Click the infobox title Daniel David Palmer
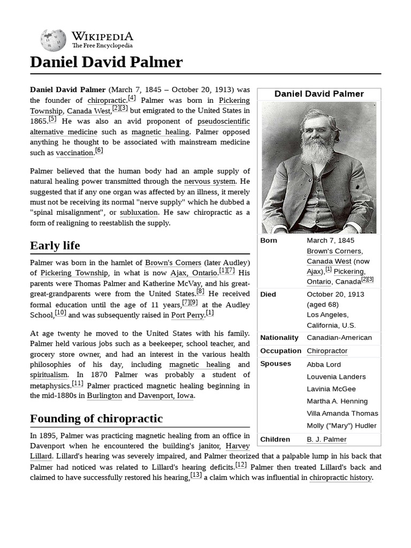point(319,94)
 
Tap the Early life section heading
point(55,246)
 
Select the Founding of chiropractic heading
point(96,418)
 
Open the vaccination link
point(74,153)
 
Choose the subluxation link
point(139,212)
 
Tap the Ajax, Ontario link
point(194,273)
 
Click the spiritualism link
point(49,375)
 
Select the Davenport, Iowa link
point(166,395)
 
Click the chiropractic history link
point(340,477)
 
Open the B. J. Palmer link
point(326,439)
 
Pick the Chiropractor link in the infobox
point(327,351)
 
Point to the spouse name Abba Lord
point(324,364)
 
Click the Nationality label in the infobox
point(279,338)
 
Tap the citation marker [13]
point(196,475)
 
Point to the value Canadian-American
point(339,338)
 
